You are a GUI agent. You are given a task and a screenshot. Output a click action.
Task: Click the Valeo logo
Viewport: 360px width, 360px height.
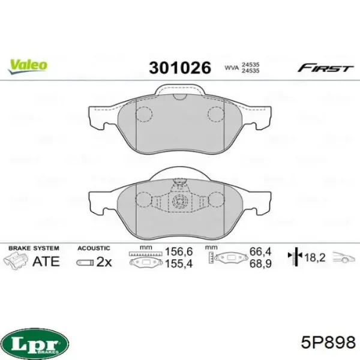coord(28,64)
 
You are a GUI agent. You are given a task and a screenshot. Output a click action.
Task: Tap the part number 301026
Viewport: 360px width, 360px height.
coord(180,68)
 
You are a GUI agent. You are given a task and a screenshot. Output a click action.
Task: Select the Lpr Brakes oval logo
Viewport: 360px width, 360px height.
coord(37,343)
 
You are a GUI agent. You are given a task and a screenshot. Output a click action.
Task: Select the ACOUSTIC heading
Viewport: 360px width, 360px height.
coord(94,247)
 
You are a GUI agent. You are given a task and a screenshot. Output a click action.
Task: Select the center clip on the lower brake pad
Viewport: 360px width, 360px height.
coord(178,202)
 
